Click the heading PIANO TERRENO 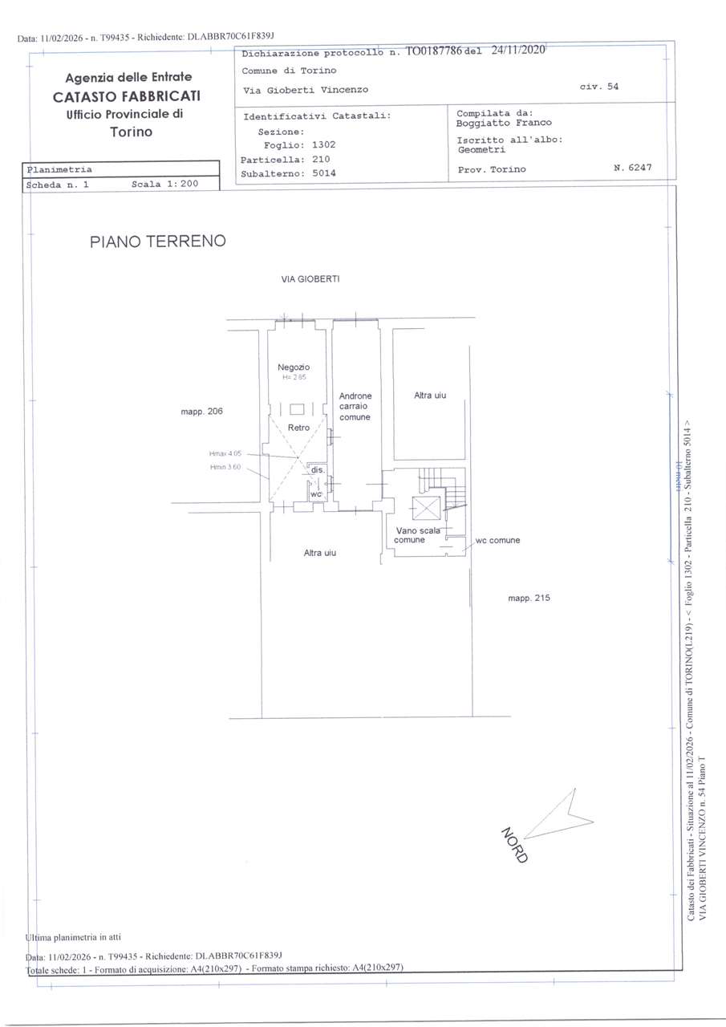click(158, 241)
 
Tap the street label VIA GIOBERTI click(310, 279)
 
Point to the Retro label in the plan click(298, 428)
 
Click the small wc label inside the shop click(316, 494)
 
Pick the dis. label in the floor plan click(318, 469)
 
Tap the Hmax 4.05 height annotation click(225, 454)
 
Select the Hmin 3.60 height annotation click(225, 467)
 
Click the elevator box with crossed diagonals click(425, 508)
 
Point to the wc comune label click(497, 540)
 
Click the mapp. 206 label click(201, 412)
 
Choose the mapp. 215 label click(529, 598)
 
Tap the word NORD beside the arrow click(515, 844)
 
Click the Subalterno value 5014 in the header click(324, 173)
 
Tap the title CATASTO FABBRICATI click(128, 96)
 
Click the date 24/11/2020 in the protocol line click(518, 50)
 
